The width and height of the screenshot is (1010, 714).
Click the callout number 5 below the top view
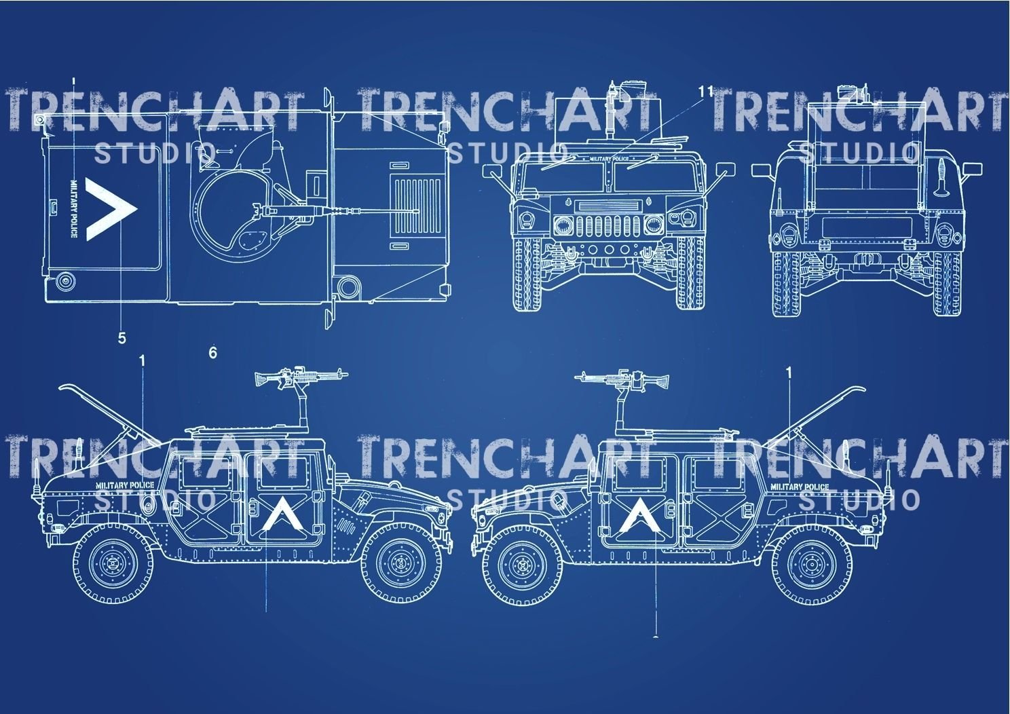point(121,337)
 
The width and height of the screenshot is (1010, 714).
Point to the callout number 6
point(212,352)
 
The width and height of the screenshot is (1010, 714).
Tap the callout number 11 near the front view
point(705,92)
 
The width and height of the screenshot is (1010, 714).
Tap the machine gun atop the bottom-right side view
point(621,377)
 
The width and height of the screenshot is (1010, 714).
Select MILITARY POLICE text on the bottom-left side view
point(125,485)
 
